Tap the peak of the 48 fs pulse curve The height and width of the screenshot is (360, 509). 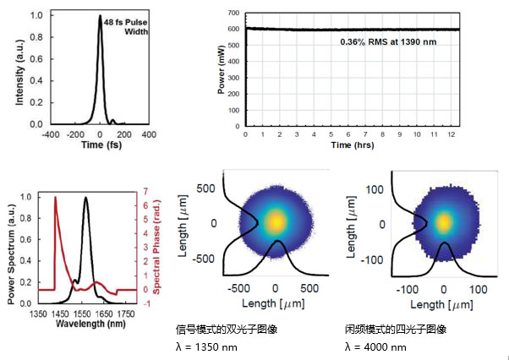click(x=100, y=16)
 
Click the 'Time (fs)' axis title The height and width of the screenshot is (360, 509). click(x=100, y=145)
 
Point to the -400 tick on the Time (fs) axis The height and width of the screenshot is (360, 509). click(x=52, y=134)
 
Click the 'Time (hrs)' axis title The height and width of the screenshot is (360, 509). click(x=352, y=145)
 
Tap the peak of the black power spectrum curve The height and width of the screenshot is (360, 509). click(x=85, y=198)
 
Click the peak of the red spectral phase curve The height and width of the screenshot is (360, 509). click(x=55, y=198)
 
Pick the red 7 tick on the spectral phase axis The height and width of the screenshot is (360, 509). click(x=146, y=192)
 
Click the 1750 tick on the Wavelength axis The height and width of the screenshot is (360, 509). click(x=127, y=314)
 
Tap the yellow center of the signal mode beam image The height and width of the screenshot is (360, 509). click(x=275, y=221)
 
